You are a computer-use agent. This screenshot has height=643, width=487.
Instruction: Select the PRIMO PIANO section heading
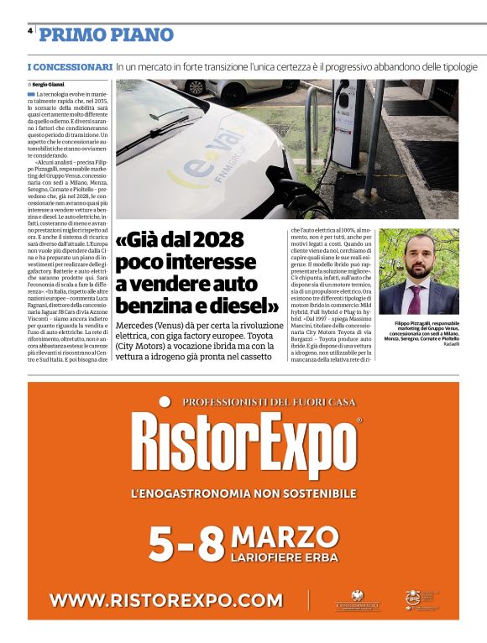coord(106,35)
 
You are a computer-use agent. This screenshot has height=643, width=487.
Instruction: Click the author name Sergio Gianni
coord(49,85)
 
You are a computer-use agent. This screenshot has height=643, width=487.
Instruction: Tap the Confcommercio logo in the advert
coord(358,600)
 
